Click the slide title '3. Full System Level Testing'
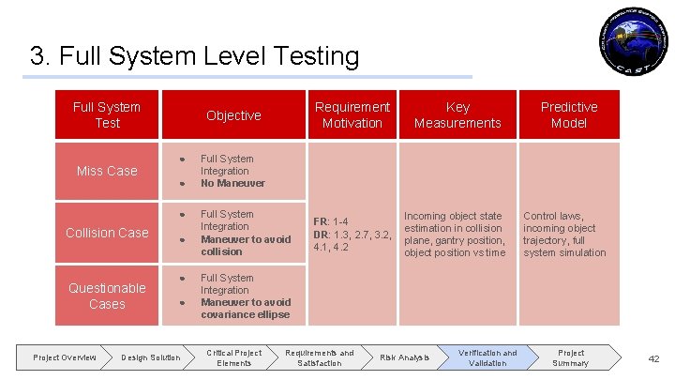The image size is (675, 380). (194, 56)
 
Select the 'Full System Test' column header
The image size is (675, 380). (107, 114)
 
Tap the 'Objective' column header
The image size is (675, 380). (233, 114)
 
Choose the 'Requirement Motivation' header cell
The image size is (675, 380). (352, 114)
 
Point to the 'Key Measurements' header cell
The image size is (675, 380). (457, 114)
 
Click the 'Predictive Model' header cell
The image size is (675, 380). (568, 114)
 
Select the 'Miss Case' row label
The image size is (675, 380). (107, 171)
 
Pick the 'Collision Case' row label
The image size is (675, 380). (107, 233)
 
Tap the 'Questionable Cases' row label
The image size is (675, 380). (107, 296)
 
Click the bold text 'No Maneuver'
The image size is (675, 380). (232, 184)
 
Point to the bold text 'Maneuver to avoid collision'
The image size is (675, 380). (245, 245)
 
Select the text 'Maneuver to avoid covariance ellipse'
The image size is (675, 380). (245, 309)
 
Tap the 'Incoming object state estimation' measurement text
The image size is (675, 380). (453, 221)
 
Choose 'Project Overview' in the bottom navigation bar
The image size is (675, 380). (65, 357)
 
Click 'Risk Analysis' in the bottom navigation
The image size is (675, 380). (404, 357)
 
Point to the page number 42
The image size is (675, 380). (654, 358)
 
